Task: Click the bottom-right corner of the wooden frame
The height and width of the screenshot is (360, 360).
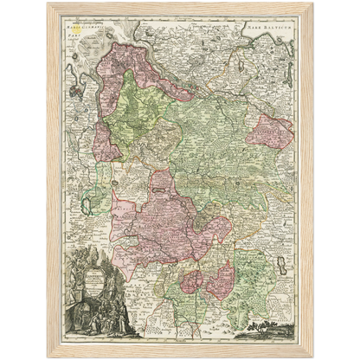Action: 313,355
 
